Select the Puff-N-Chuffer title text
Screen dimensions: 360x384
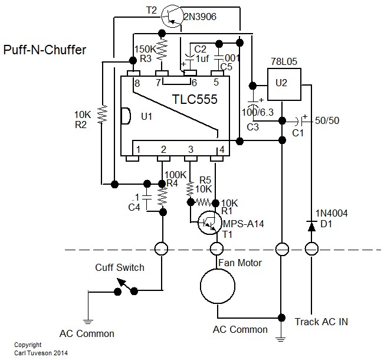click(x=45, y=50)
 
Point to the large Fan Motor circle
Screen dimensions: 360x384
click(x=217, y=287)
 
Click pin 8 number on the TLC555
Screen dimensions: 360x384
click(x=137, y=83)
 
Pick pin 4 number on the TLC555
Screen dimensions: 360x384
click(x=222, y=149)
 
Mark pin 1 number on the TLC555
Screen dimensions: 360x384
click(x=137, y=149)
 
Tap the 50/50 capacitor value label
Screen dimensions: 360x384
click(x=328, y=121)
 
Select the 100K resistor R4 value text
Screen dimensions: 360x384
click(x=175, y=175)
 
